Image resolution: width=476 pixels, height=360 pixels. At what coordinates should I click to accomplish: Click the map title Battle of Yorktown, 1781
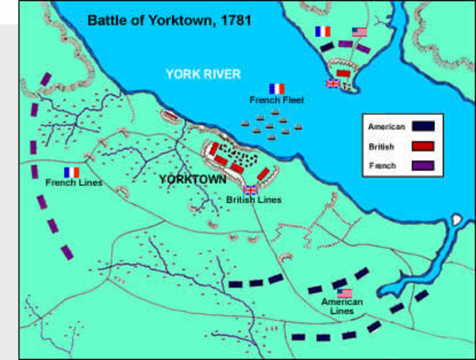pos(169,19)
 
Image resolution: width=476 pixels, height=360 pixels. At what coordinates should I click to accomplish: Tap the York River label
pos(203,73)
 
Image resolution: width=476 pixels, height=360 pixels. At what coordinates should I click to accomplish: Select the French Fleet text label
pos(277,100)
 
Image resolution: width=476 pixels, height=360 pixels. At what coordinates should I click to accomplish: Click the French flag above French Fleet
pos(277,88)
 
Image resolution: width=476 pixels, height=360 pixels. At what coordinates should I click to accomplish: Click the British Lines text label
pos(254,200)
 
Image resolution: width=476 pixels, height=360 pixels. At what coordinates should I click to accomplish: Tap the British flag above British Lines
pos(251,190)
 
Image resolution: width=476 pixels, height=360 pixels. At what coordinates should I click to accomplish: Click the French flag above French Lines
pos(71,172)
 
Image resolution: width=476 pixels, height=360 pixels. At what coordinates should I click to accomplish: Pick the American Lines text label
pos(342,306)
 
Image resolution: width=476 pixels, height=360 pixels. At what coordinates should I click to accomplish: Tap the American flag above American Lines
pos(345,292)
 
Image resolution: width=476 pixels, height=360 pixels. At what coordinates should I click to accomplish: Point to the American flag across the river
pos(360,31)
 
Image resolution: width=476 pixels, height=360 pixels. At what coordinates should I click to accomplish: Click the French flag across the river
pos(324,31)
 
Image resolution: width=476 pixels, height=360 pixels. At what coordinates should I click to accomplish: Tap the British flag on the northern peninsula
pos(332,83)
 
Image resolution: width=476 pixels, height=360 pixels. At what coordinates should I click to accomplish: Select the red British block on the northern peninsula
pos(343,73)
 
